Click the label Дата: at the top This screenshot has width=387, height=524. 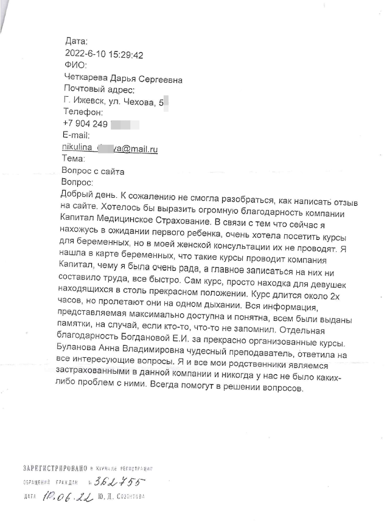[77, 41]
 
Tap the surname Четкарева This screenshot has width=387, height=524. [86, 79]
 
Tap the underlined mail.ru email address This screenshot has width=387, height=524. [110, 148]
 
